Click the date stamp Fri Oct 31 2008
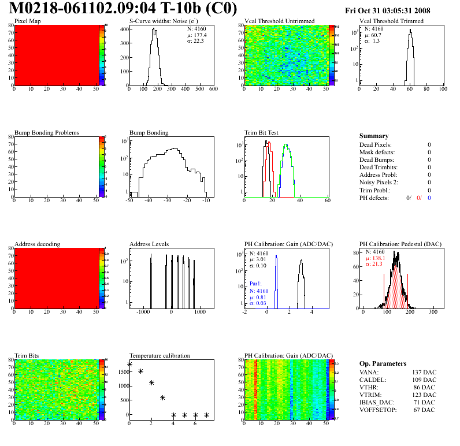[395, 10]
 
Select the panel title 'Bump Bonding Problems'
[47, 132]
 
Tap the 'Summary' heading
[374, 136]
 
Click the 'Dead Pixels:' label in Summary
[376, 144]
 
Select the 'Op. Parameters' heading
[383, 363]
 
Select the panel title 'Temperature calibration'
[160, 355]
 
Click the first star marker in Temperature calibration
[129, 365]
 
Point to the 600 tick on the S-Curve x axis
[213, 90]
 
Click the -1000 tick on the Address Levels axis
[143, 312]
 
